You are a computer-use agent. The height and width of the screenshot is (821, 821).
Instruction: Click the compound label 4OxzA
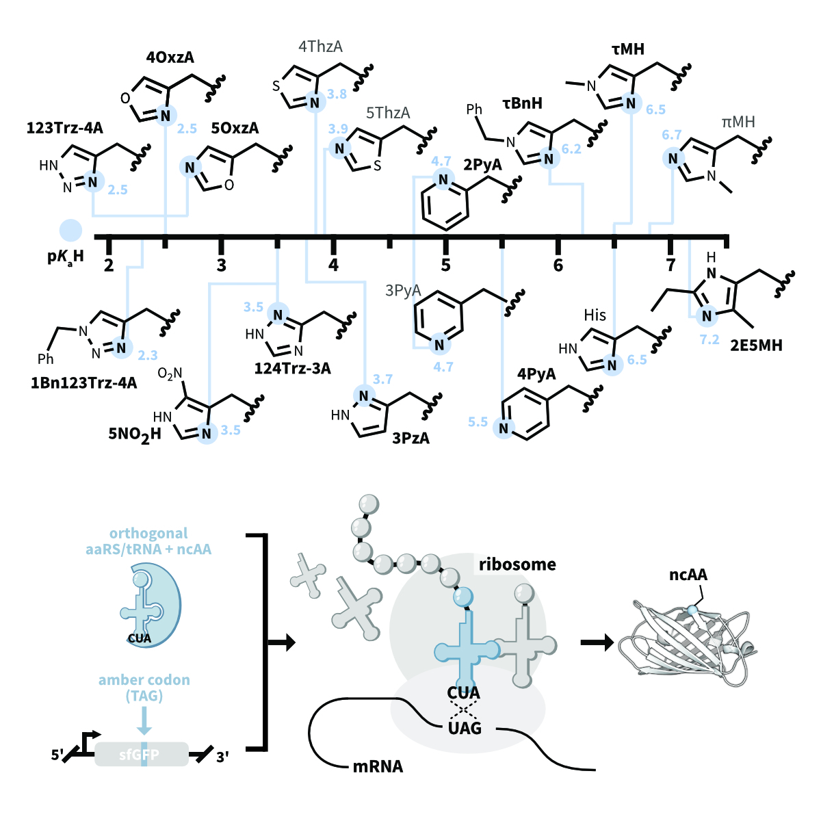[x=170, y=58]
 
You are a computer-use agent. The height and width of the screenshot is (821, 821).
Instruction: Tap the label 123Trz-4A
[x=65, y=128]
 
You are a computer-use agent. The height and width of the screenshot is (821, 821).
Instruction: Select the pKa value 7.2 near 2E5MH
[x=709, y=339]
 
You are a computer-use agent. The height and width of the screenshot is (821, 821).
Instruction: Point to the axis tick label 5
[x=445, y=265]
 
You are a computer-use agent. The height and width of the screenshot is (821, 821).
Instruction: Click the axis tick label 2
[x=109, y=265]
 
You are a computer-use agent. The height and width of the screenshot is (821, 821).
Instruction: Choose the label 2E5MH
[x=755, y=345]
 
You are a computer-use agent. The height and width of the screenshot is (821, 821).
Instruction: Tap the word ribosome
[x=517, y=564]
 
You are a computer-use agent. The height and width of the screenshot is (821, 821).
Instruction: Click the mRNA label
[x=378, y=766]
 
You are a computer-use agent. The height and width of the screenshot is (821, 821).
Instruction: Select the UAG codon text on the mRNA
[x=465, y=728]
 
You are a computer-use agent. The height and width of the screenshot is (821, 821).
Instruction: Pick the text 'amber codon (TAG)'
[x=144, y=688]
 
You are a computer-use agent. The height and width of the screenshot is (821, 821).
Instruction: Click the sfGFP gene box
[x=141, y=754]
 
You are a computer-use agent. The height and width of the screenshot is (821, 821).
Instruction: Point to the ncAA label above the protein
[x=688, y=574]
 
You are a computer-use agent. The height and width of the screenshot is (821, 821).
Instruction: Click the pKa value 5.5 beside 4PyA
[x=478, y=422]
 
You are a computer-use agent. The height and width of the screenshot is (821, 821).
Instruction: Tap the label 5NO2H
[x=135, y=434]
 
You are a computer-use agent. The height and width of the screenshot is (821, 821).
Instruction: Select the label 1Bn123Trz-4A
[x=83, y=382]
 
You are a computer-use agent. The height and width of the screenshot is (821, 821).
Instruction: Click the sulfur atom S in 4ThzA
[x=276, y=86]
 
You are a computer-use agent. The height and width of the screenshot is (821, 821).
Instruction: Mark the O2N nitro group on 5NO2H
[x=170, y=374]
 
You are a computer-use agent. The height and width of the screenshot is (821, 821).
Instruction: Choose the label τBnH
[x=522, y=103]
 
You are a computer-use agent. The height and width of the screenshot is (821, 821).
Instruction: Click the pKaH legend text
[x=66, y=257]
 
